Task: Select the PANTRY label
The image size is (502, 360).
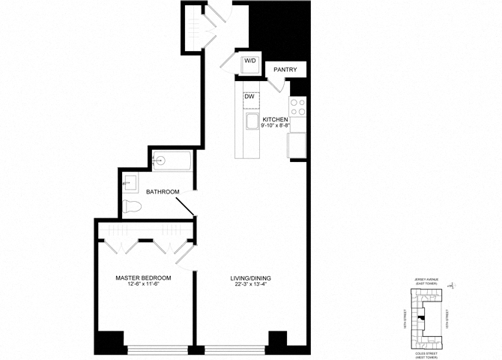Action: (285, 70)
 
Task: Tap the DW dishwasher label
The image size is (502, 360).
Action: (249, 96)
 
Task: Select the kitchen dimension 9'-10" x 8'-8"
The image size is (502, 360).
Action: (276, 126)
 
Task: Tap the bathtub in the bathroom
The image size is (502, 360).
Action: (172, 160)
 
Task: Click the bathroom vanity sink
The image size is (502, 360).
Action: (129, 181)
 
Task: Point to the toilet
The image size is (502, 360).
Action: (133, 206)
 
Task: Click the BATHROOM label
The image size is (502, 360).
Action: (163, 192)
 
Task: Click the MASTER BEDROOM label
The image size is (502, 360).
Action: (143, 278)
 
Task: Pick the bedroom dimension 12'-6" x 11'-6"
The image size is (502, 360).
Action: (143, 286)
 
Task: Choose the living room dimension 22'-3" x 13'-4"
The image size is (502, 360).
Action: (250, 286)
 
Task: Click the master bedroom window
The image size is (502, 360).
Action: (157, 349)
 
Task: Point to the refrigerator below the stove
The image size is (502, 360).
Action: (297, 145)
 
